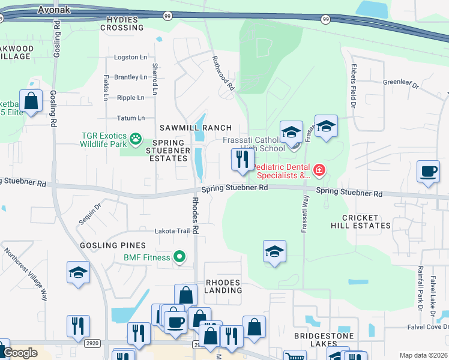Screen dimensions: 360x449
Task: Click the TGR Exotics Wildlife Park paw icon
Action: pos(136,139)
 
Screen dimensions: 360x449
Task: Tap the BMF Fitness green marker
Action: pos(179,257)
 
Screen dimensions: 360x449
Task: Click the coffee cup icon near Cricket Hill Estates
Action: pos(428,172)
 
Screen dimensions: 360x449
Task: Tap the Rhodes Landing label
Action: pos(223,286)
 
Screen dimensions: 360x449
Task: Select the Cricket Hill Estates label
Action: pos(360,221)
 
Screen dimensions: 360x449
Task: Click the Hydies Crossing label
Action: pos(125,23)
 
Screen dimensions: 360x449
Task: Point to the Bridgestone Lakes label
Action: pos(324,340)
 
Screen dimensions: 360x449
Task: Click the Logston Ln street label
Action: pos(130,58)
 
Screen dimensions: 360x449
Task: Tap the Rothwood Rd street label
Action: pos(222,73)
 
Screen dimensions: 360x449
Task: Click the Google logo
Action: pos(20,353)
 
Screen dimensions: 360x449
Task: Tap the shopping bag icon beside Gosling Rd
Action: pos(31,101)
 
